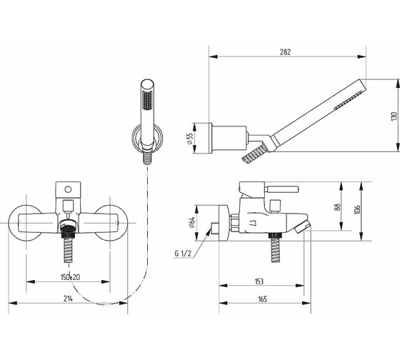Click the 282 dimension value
pyautogui.click(x=285, y=52)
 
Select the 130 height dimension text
pyautogui.click(x=394, y=116)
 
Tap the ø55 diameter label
pyautogui.click(x=191, y=139)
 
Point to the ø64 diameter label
pyautogui.click(x=192, y=222)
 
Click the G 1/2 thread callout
pyautogui.click(x=183, y=254)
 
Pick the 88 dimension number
pyautogui.click(x=337, y=207)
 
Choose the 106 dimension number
pyautogui.click(x=357, y=209)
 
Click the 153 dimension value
pyautogui.click(x=259, y=281)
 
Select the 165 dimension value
pyautogui.click(x=262, y=299)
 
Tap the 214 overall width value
pyautogui.click(x=68, y=299)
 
